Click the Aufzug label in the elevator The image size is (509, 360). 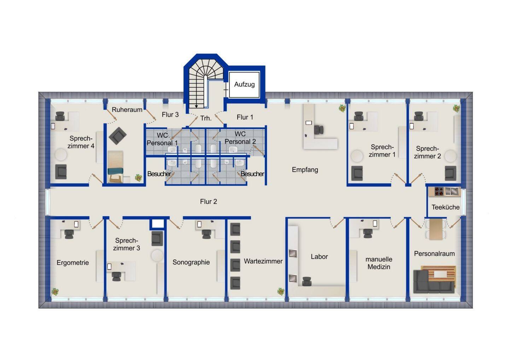[244, 85]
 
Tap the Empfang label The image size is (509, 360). [305, 170]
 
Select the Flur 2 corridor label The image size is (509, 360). [209, 201]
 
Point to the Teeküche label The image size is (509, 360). [445, 207]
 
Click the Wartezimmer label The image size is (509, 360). [263, 261]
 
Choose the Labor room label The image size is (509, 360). [319, 257]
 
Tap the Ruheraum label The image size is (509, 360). [127, 110]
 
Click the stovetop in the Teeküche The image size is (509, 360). [439, 191]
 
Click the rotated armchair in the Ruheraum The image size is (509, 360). [117, 136]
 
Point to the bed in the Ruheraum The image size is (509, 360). [116, 167]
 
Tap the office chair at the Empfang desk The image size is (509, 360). [318, 130]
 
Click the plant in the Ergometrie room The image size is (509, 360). [55, 291]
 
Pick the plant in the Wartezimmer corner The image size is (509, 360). [281, 291]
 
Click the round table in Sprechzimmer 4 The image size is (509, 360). [61, 155]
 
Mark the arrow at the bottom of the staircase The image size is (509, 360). [196, 106]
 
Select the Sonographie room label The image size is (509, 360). [191, 262]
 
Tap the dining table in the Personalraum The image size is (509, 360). [436, 229]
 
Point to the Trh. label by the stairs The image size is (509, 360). [206, 118]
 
